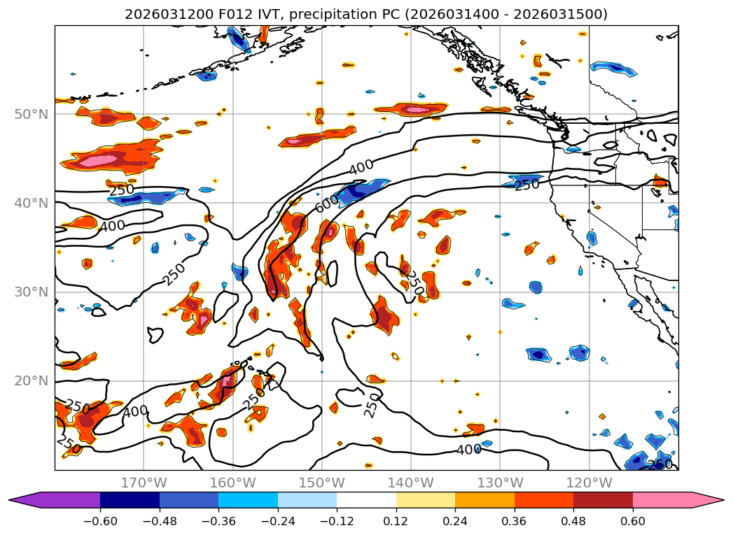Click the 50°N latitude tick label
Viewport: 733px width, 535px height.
[31, 114]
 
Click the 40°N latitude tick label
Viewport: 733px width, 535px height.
[31, 203]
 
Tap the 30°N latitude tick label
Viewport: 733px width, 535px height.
[31, 292]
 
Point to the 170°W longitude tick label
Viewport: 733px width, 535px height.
[144, 483]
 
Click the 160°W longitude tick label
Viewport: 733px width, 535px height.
[232, 483]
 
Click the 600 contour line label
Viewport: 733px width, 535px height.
[326, 203]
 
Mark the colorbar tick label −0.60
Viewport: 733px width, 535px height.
[100, 522]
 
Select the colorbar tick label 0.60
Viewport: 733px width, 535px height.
[633, 522]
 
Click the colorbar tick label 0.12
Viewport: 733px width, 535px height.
[396, 522]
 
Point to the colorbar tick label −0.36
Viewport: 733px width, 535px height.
[218, 522]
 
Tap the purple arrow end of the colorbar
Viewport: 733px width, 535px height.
[21, 500]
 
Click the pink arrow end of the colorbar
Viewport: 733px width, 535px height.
[711, 500]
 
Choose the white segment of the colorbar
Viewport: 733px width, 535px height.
[366, 500]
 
